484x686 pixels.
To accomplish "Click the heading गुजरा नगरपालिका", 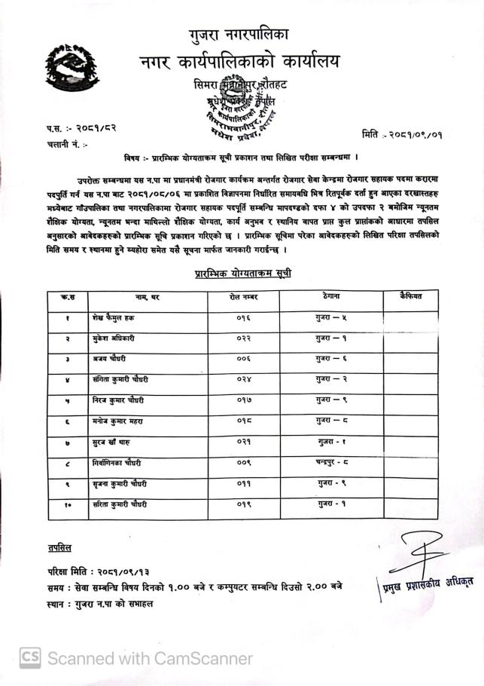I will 239,33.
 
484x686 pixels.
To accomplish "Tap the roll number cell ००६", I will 243,360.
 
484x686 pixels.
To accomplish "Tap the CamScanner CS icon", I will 30,657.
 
